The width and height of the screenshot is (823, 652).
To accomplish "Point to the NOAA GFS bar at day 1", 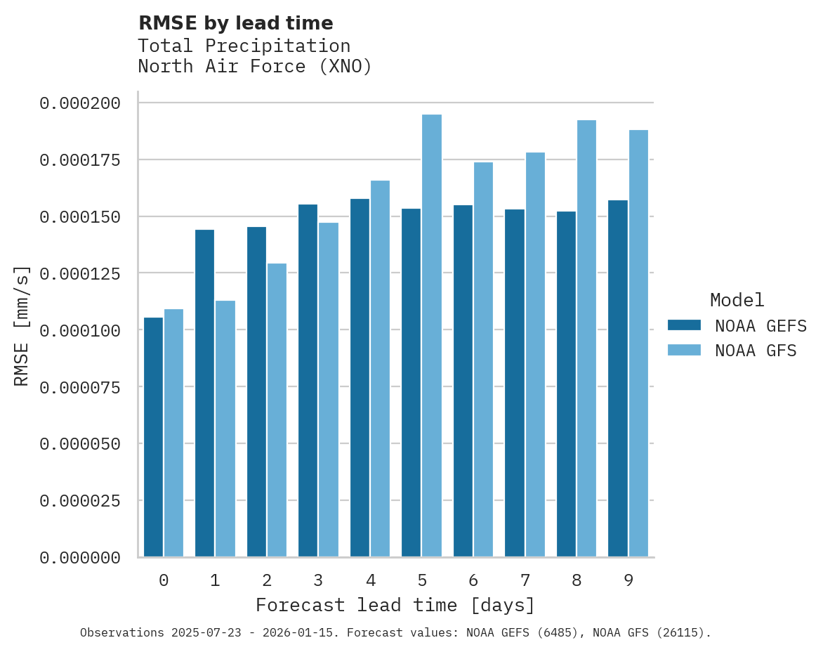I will coord(225,429).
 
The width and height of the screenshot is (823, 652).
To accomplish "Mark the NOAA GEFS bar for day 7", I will coord(515,383).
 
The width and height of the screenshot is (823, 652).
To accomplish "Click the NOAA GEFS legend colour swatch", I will coord(684,325).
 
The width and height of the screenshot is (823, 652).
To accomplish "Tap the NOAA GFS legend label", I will coord(756,351).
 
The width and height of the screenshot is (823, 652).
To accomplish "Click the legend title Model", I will coord(737,300).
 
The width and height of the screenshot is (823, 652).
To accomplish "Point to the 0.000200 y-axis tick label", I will coord(80,103).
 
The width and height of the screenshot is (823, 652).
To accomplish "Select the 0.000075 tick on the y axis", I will coord(80,387).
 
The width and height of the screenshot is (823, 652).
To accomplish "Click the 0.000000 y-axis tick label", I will coord(80,558).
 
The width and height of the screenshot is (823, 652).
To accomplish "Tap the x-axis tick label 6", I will coord(473,580).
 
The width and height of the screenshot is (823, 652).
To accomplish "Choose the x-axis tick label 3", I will coord(318,580).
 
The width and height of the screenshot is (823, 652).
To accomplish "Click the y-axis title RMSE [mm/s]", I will coord(22,326).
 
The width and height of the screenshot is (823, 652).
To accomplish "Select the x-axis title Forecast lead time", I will coord(395,605).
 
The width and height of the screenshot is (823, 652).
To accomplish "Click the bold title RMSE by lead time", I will coord(235,23).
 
